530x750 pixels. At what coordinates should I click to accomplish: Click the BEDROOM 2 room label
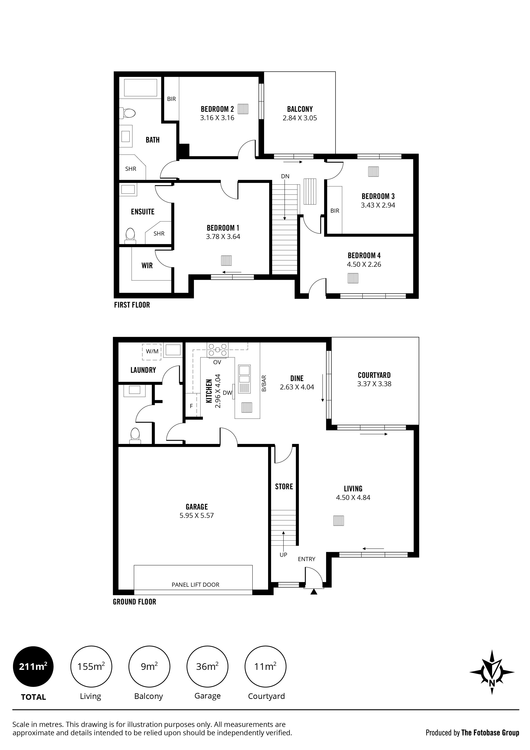coord(217,109)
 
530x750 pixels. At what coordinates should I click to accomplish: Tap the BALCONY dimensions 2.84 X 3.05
coord(300,118)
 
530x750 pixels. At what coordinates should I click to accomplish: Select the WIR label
coord(147,266)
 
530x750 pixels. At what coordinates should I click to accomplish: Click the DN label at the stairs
coord(285,176)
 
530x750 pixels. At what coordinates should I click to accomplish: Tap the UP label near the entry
coord(283,555)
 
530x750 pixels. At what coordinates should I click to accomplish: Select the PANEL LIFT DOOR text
coord(195,585)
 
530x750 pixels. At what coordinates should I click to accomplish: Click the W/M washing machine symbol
coord(152,351)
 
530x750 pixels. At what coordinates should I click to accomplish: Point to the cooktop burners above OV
coord(217,349)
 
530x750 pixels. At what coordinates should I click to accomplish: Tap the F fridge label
coord(191,406)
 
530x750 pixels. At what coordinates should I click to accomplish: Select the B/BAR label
coord(264,383)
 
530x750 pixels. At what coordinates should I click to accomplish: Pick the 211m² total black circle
coord(33,667)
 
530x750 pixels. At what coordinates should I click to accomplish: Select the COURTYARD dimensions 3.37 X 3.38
coord(374,384)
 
